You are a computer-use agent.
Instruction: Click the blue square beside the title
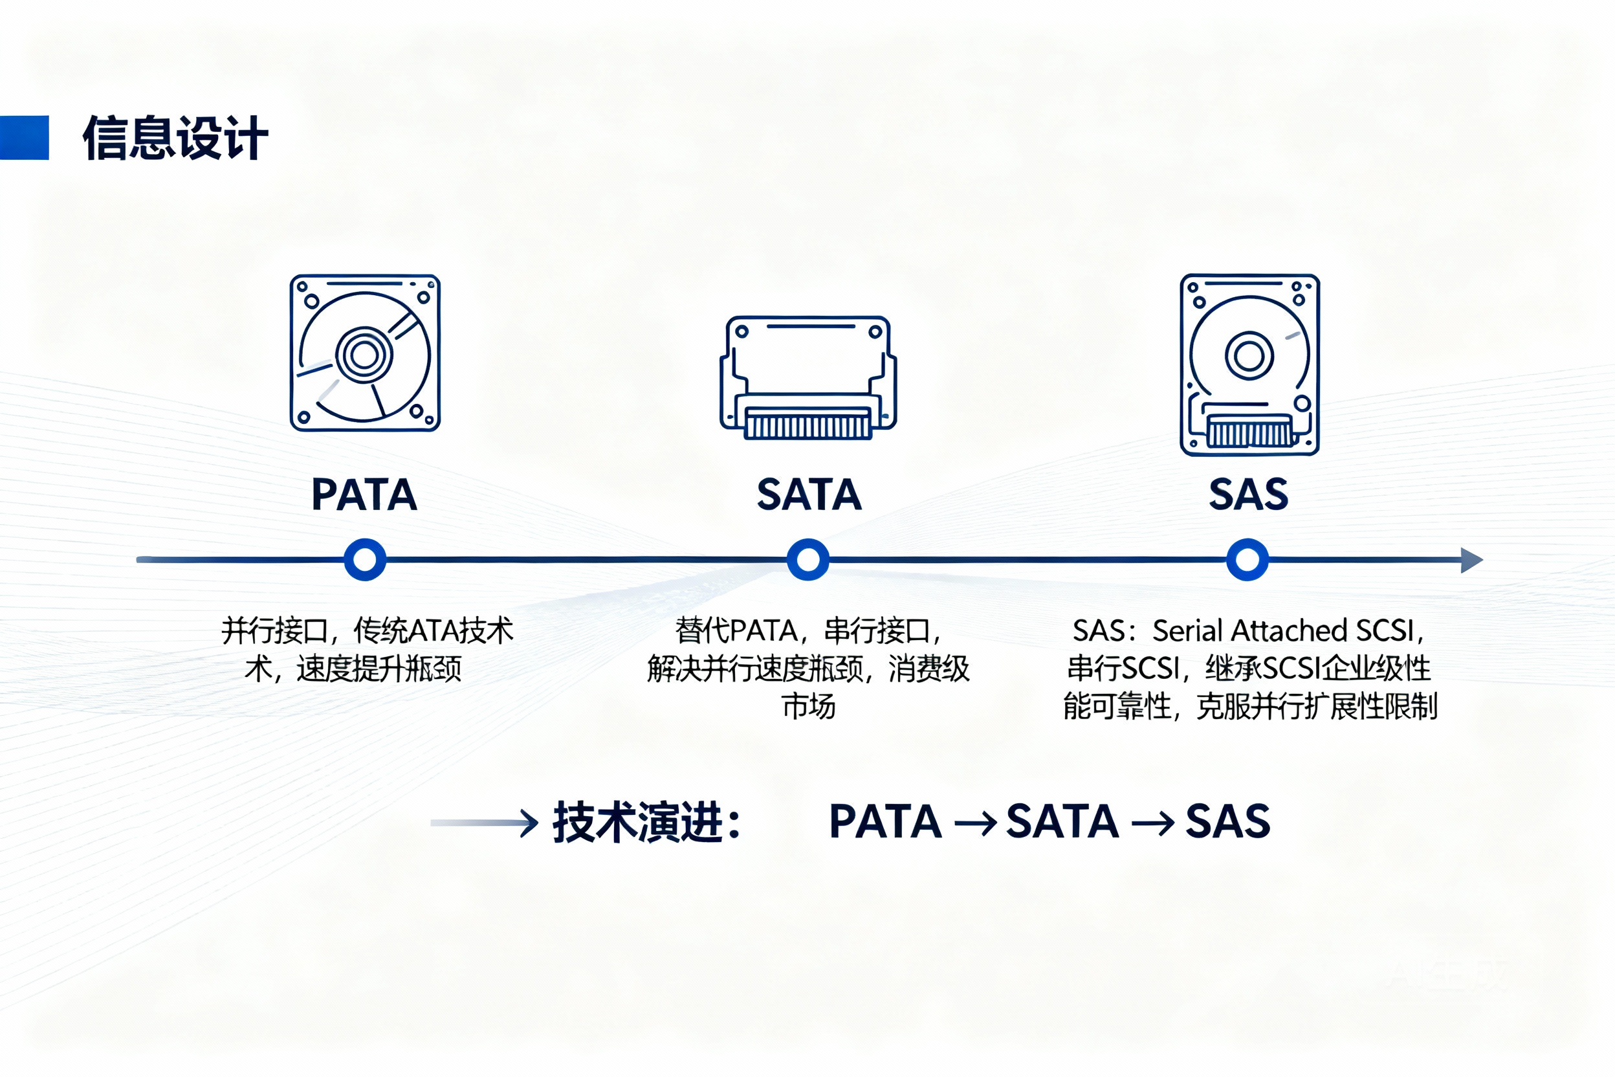tap(24, 137)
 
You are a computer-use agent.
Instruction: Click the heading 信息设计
tap(175, 138)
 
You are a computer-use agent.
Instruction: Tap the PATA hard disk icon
tap(365, 353)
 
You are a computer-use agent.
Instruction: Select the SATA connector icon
tap(808, 377)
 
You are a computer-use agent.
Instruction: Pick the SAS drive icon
tap(1249, 364)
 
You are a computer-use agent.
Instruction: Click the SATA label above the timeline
tap(809, 494)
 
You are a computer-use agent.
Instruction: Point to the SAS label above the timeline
tap(1248, 494)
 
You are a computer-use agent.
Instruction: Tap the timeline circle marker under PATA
tap(365, 560)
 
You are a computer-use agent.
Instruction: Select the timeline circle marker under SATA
tap(808, 560)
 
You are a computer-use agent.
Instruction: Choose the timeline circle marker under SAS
tap(1247, 560)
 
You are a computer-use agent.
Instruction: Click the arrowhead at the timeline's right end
tap(1471, 560)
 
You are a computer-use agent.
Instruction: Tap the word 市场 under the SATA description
tap(808, 706)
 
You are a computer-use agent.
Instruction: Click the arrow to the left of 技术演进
tap(484, 822)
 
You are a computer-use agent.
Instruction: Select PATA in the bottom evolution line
tap(885, 821)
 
